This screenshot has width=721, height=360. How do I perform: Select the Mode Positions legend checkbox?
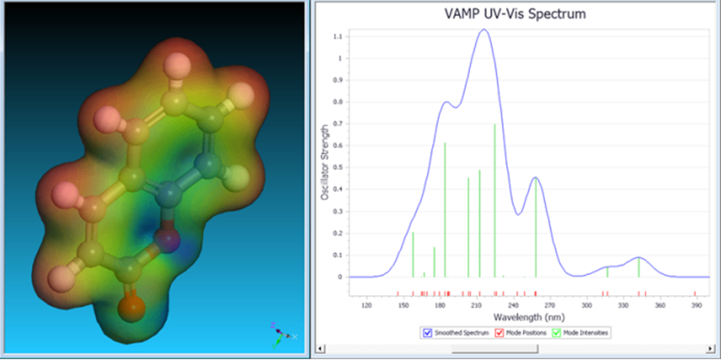click(x=499, y=332)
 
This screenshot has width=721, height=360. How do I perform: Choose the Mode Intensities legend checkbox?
click(x=557, y=332)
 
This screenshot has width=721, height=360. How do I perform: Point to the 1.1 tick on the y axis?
click(x=338, y=37)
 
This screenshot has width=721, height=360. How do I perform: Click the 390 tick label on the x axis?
click(x=696, y=306)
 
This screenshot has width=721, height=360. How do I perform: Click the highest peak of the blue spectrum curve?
click(x=483, y=30)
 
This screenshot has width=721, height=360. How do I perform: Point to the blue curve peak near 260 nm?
click(x=535, y=177)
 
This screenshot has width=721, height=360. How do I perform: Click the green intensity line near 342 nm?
click(x=638, y=267)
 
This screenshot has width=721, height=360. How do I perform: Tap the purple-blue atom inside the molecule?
click(x=169, y=242)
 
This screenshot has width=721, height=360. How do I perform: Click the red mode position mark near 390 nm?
click(x=694, y=293)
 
